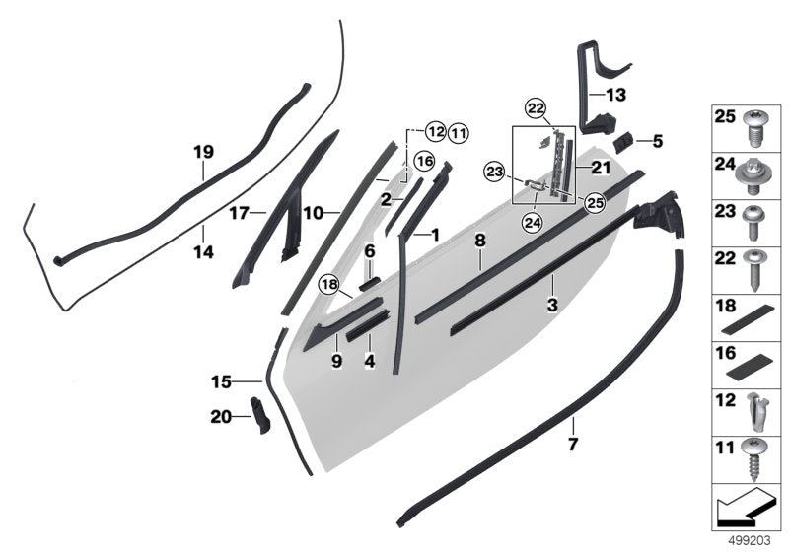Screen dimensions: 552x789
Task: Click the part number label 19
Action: tap(203, 152)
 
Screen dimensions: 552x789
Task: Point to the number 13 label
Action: tap(615, 96)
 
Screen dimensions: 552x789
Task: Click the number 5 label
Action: tap(658, 141)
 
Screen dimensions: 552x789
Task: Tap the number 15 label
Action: tap(222, 379)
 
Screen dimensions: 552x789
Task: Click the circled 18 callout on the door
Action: tap(328, 285)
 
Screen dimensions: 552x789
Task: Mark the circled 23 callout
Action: tap(494, 172)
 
